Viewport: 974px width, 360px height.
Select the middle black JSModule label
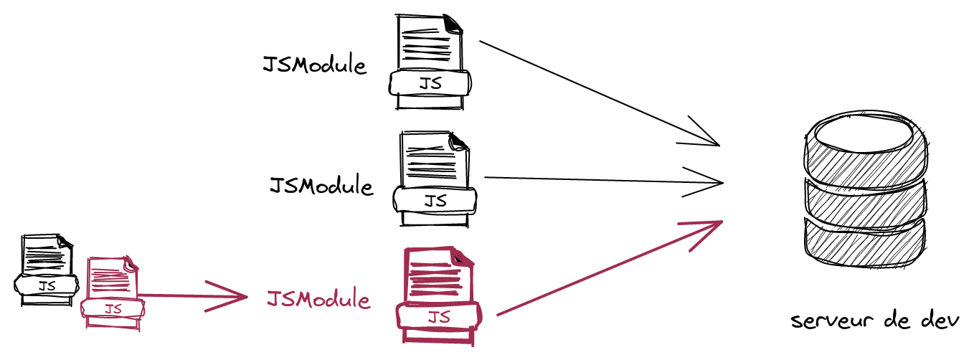(321, 186)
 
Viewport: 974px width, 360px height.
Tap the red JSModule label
(318, 299)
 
